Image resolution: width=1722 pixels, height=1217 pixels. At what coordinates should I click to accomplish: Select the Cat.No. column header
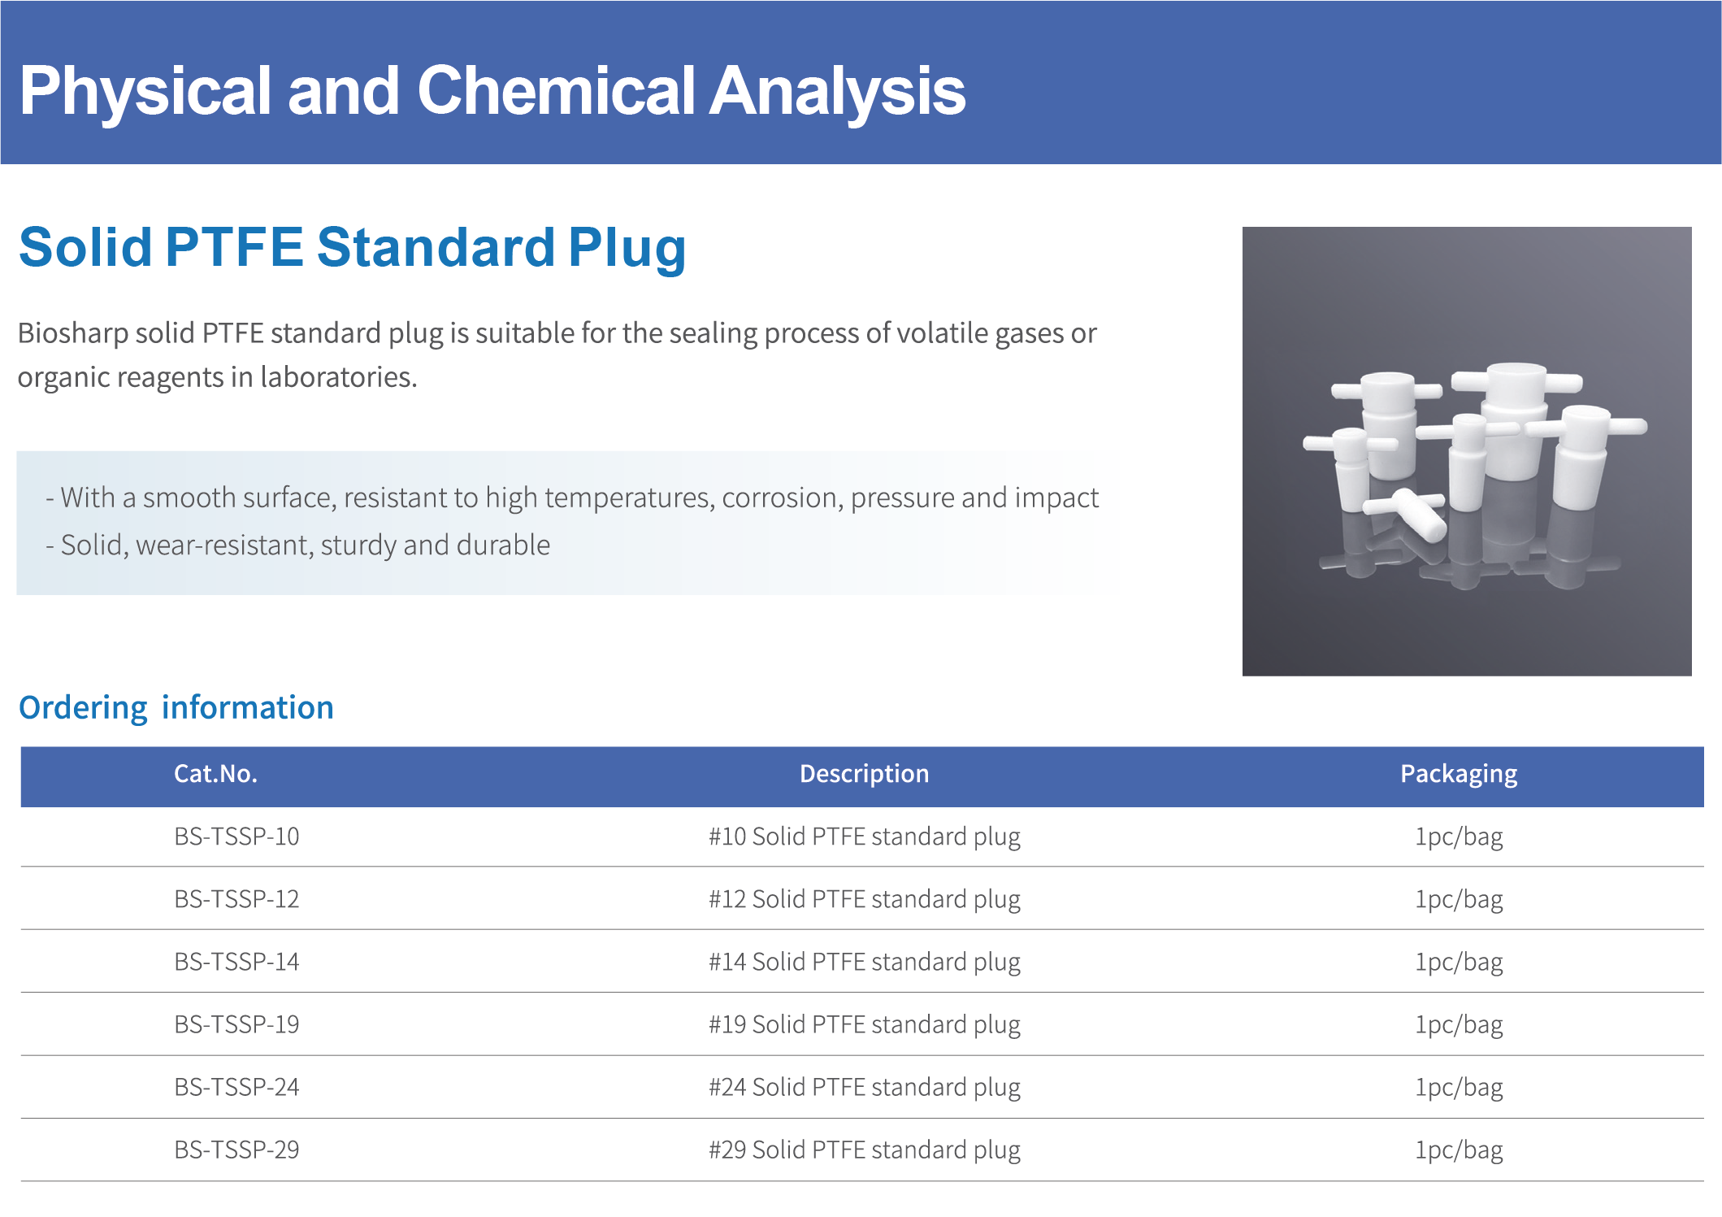[215, 773]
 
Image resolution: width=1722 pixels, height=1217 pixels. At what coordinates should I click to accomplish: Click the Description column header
[864, 773]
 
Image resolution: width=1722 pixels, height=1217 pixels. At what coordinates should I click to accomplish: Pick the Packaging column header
[1459, 775]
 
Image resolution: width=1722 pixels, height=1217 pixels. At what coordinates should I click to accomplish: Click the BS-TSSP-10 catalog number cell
[236, 836]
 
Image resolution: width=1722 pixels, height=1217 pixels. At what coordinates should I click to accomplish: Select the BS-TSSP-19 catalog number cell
[236, 1024]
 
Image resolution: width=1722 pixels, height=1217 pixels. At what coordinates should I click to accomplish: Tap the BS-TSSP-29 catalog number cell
[236, 1150]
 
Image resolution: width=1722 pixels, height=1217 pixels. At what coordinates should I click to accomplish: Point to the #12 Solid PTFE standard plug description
[864, 900]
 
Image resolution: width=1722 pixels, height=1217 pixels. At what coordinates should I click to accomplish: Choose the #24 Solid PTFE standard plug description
[864, 1088]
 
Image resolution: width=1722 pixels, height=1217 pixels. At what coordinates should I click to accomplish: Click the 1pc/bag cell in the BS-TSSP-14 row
[1459, 963]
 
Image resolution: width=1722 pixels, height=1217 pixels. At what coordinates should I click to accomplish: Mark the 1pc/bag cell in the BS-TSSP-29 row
[1459, 1150]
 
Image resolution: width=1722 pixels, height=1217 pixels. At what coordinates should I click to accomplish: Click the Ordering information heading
[176, 708]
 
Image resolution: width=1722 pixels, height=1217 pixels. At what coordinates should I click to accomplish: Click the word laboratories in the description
[338, 377]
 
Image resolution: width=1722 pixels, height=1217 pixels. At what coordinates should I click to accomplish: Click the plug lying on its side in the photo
[1406, 513]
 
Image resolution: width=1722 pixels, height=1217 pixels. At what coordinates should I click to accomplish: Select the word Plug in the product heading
[627, 249]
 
